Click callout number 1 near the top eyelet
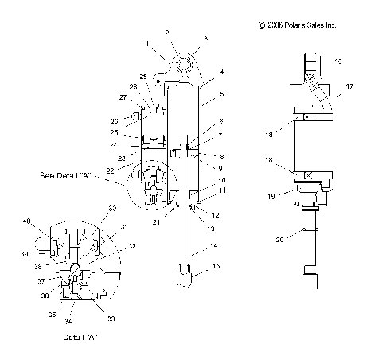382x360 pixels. (x=146, y=41)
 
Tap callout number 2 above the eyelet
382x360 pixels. (x=166, y=32)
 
